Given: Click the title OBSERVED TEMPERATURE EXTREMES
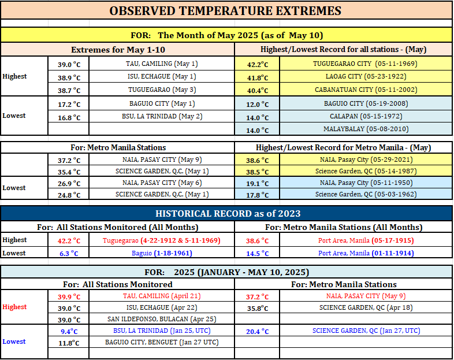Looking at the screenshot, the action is point(225,11).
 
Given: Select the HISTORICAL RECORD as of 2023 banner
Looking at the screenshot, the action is point(228,213).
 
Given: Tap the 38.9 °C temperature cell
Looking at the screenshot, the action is point(69,77).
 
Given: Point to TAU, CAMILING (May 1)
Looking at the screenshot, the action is point(162,64).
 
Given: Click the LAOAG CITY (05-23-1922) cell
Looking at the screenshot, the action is point(366,76).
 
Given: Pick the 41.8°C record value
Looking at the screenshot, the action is point(258,77).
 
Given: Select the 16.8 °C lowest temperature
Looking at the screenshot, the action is point(69,117).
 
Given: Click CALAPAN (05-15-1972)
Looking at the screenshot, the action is point(366,116).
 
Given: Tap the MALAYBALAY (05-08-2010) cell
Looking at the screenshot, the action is point(366,129).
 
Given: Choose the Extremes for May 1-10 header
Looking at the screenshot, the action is point(118,50).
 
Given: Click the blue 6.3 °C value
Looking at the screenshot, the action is point(69,254).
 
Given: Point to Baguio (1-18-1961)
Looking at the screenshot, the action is point(162,253).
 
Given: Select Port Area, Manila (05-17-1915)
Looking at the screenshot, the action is point(366,240).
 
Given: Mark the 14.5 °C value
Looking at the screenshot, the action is point(258,254).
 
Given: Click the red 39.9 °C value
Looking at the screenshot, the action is point(69,296).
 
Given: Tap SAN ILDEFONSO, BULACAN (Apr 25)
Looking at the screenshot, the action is point(162,319).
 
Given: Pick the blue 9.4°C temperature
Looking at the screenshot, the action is point(69,331).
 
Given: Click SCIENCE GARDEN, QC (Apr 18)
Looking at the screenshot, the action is point(366,307).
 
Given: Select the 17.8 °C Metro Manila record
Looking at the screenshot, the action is point(258,195).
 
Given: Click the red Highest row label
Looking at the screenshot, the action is point(14,307).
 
